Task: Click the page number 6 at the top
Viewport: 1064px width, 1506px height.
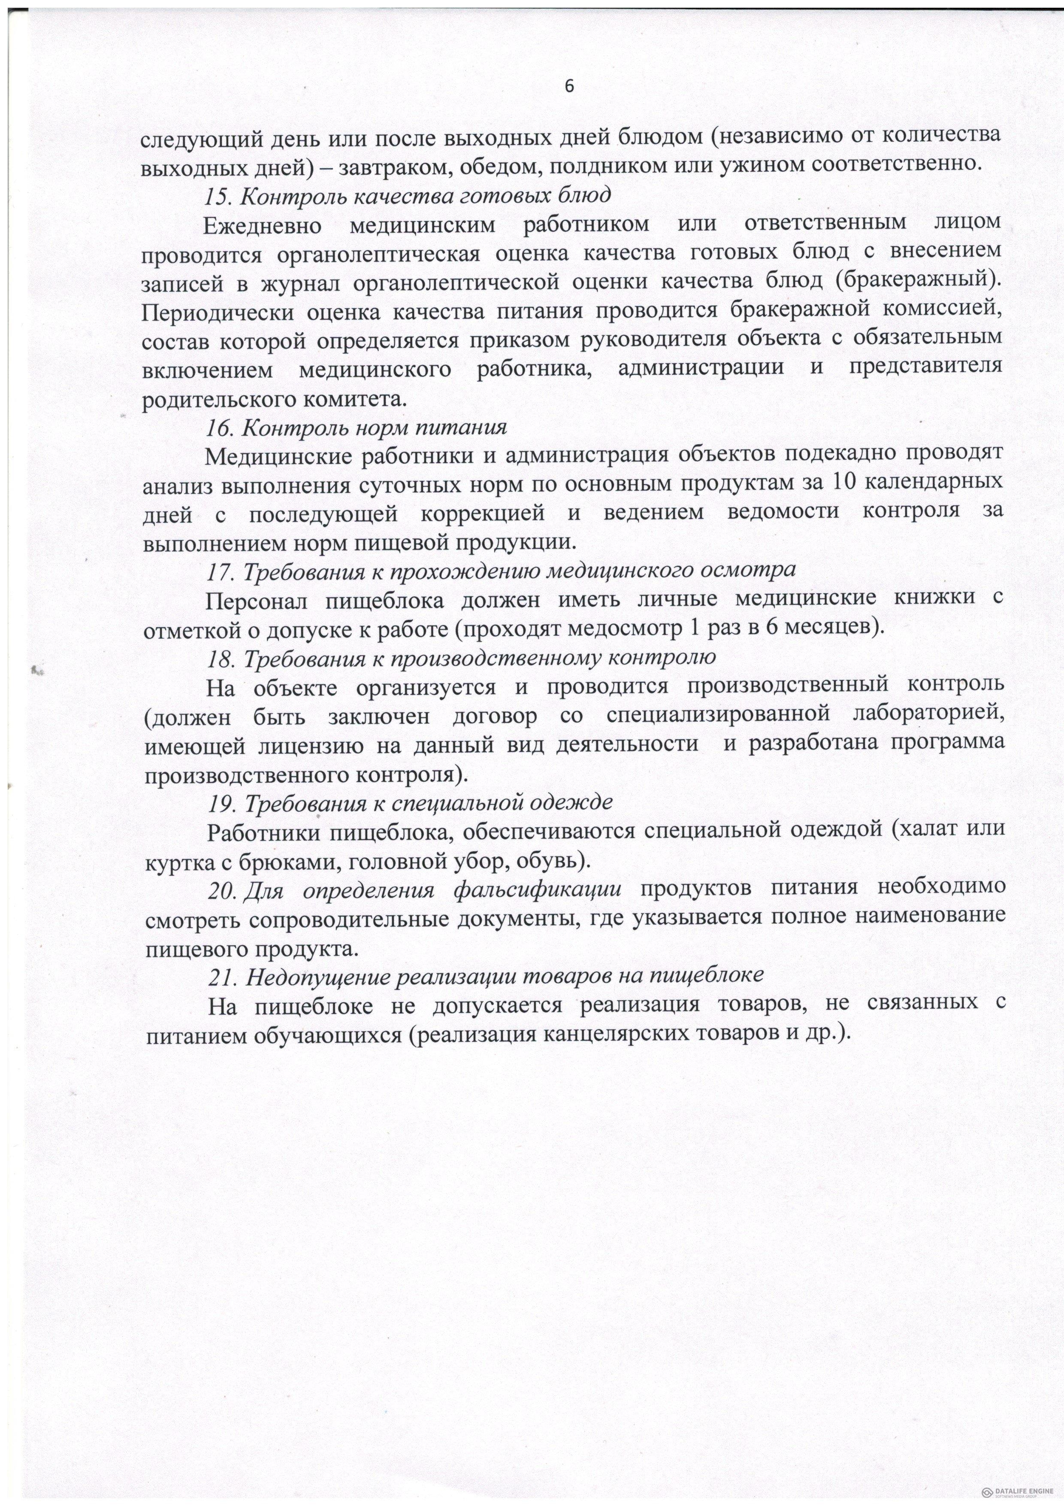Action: (x=568, y=87)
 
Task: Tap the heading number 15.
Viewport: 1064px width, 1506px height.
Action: (x=216, y=195)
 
